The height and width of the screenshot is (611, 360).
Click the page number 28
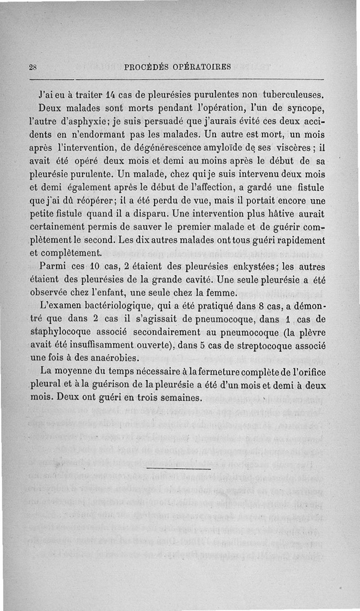32,67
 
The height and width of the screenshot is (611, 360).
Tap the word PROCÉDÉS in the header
146,67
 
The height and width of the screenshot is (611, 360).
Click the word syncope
303,108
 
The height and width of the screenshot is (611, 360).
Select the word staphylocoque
61,332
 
